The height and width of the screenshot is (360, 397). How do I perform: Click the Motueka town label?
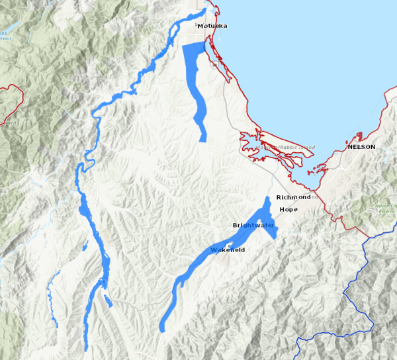pos(212,26)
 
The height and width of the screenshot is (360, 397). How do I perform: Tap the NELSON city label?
pos(361,146)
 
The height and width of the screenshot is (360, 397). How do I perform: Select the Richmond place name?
pos(293,197)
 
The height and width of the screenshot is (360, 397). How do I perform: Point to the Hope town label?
pos(289,209)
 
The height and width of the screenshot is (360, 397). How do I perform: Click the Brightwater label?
pos(253,226)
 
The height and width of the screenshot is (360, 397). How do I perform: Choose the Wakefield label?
pos(228,250)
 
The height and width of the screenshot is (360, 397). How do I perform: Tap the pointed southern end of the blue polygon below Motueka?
pos(203,138)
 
